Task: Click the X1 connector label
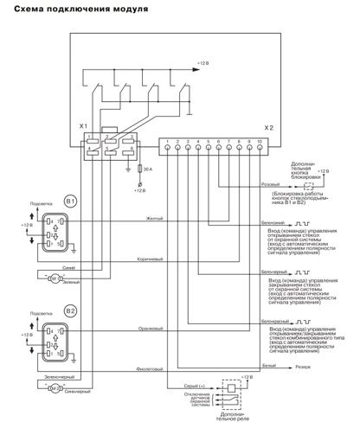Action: pyautogui.click(x=84, y=126)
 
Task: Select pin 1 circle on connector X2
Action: pyautogui.click(x=167, y=148)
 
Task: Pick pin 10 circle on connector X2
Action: pyautogui.click(x=259, y=148)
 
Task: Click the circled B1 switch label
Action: pyautogui.click(x=71, y=201)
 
